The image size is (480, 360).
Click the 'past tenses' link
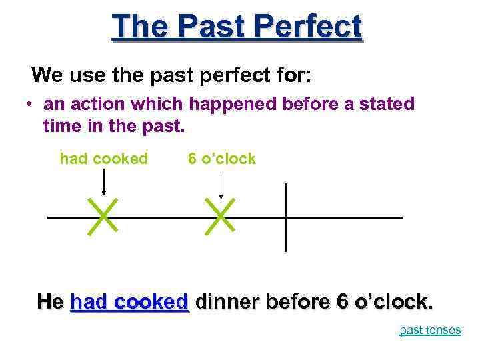click(430, 330)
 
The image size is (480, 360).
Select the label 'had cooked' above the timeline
click(103, 159)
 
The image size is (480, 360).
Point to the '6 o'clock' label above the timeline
click(221, 159)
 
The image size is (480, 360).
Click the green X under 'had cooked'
click(103, 215)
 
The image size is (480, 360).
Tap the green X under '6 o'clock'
click(221, 215)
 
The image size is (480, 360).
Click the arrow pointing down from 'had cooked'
click(103, 181)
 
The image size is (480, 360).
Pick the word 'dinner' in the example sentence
click(227, 301)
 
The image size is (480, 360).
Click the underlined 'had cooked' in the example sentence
click(129, 301)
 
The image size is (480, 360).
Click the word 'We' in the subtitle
click(46, 73)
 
